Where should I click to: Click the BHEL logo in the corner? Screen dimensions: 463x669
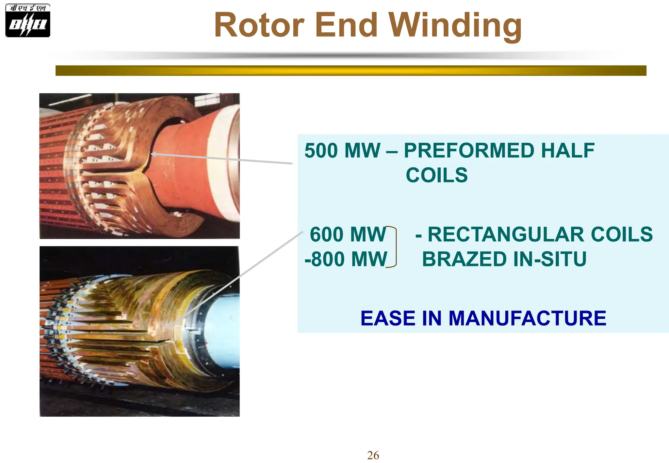pos(28,20)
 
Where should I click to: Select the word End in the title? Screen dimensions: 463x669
pos(346,25)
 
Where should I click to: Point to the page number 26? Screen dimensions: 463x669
pos(373,455)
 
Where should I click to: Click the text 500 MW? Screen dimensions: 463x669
pos(342,151)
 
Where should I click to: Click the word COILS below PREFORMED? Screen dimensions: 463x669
pos(437,175)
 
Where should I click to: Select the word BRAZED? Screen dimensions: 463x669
pos(464,259)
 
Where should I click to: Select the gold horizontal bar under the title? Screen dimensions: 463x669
pos(351,71)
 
